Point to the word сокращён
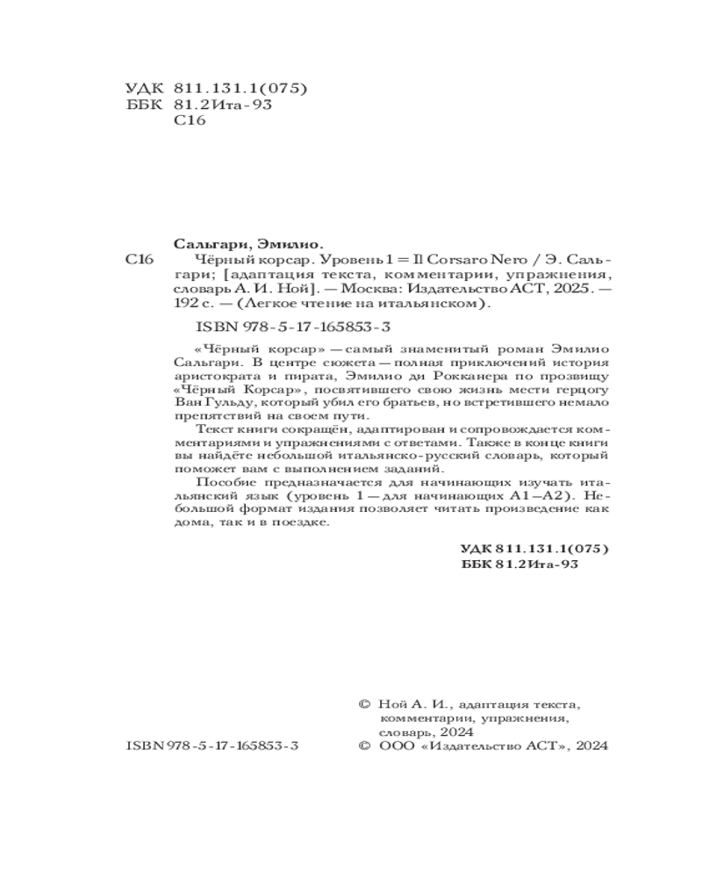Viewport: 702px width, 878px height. (x=304, y=432)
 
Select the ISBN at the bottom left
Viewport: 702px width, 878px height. (x=213, y=744)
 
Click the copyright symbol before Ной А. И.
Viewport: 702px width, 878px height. (x=365, y=704)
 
